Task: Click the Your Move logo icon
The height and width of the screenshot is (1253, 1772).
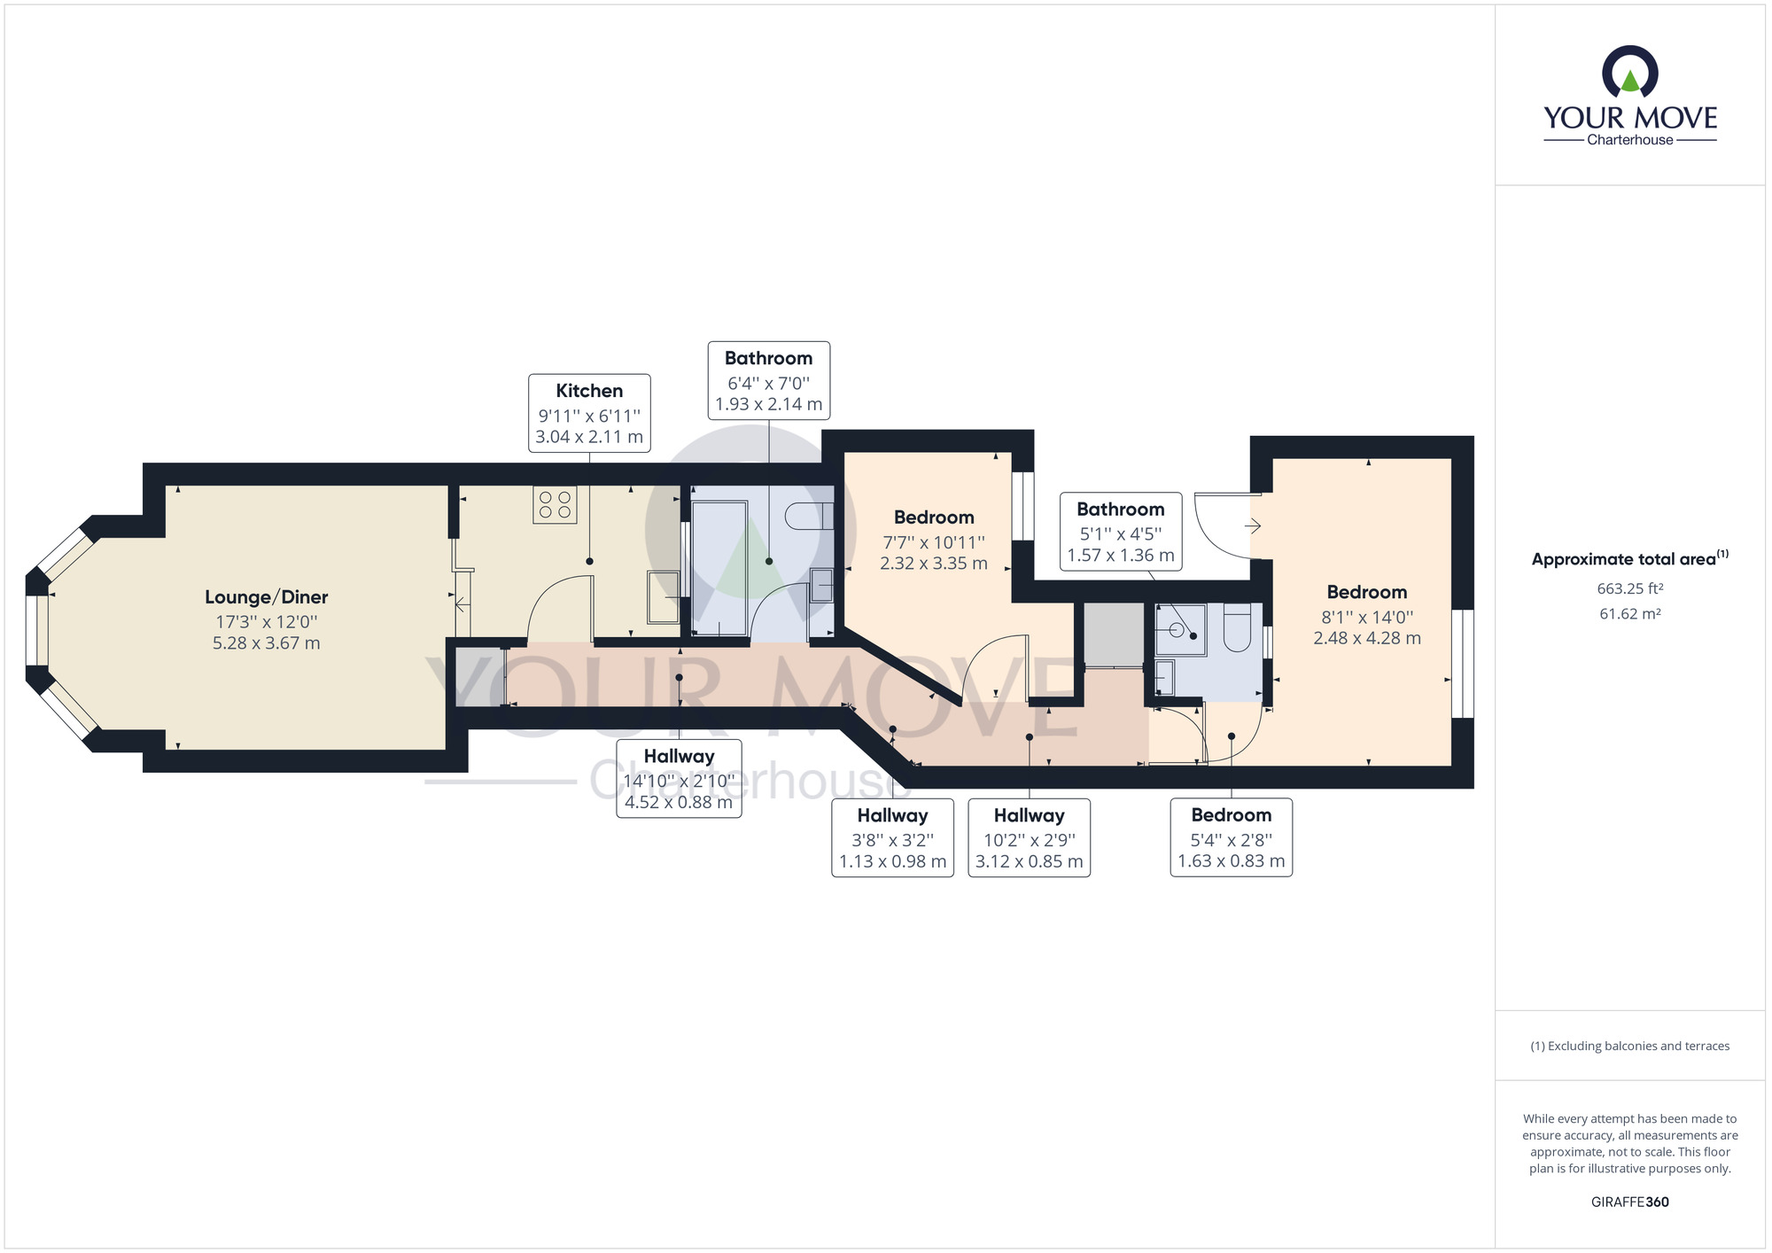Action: pos(1630,72)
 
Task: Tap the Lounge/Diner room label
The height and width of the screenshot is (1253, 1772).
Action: pos(267,597)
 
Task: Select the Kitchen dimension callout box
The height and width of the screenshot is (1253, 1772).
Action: pos(589,413)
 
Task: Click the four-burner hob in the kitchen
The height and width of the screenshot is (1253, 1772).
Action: pos(555,504)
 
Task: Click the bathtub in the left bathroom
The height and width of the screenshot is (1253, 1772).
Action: pos(719,567)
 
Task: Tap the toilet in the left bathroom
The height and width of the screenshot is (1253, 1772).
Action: pos(809,516)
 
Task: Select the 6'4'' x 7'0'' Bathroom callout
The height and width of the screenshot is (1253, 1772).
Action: pos(769,380)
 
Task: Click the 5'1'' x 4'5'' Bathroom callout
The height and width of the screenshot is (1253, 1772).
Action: pos(1121,532)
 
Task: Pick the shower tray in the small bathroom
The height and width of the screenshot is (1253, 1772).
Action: pos(1181,630)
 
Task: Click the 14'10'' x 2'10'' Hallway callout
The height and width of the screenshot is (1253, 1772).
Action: pos(679,779)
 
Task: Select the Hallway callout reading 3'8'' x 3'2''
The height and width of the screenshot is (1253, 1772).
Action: pos(892,838)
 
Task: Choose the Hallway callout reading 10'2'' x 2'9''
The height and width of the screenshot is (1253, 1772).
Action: pos(1029,838)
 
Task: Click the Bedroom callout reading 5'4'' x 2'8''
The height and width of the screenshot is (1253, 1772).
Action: pos(1232,837)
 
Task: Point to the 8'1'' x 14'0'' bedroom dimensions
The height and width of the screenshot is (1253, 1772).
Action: pos(1367,627)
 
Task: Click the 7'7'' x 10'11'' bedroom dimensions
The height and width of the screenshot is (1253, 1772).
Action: pos(934,553)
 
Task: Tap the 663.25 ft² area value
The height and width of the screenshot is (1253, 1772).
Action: pos(1630,588)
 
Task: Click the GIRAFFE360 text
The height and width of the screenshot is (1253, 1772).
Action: pos(1630,1202)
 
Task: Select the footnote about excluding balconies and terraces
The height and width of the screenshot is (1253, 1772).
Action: pos(1630,1047)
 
